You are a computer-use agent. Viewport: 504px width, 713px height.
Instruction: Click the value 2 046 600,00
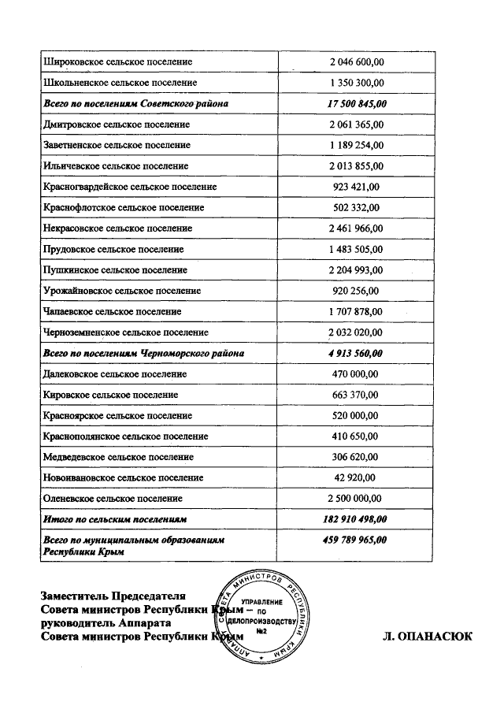(356, 61)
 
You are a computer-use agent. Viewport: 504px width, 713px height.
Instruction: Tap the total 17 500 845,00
(356, 103)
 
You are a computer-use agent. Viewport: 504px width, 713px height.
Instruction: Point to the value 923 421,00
(356, 187)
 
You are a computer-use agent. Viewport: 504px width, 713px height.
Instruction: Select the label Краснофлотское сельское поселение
(124, 207)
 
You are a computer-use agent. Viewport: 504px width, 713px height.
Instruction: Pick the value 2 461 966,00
(356, 228)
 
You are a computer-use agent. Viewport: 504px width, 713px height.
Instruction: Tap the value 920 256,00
(356, 291)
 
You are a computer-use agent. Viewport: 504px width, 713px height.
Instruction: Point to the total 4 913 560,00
(356, 354)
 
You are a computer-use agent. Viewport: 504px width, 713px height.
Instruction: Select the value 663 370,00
(356, 395)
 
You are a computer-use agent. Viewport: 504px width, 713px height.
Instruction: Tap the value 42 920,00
(356, 477)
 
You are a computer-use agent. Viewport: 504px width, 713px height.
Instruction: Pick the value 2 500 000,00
(356, 499)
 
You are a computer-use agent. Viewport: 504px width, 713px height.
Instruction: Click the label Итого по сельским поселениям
(115, 520)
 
